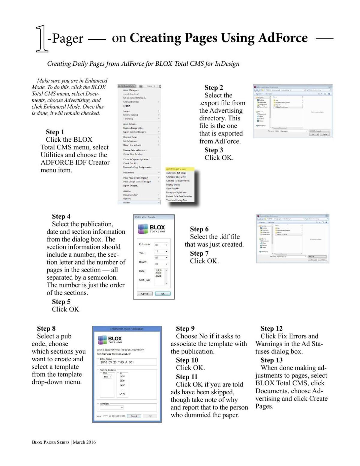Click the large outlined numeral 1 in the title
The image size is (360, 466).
tap(42, 39)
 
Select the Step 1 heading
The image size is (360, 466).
tap(55, 132)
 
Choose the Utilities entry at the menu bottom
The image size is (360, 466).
tap(127, 203)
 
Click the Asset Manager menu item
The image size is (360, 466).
tap(131, 90)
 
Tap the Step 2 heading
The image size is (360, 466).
tap(214, 88)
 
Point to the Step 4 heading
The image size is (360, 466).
tap(61, 216)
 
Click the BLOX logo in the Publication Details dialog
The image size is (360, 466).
tap(152, 229)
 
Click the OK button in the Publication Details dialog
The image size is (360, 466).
tap(163, 293)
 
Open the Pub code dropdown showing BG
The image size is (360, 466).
tap(161, 245)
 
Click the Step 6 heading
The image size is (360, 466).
tap(199, 229)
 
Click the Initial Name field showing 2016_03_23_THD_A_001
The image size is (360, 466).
tap(127, 362)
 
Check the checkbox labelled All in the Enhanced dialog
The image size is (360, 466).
tap(121, 394)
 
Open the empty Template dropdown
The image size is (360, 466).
tap(112, 407)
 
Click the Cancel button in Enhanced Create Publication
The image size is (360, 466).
tap(134, 416)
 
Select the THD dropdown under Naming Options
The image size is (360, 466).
tap(107, 377)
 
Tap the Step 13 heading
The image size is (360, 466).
tap(271, 360)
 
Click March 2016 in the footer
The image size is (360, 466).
tap(84, 442)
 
